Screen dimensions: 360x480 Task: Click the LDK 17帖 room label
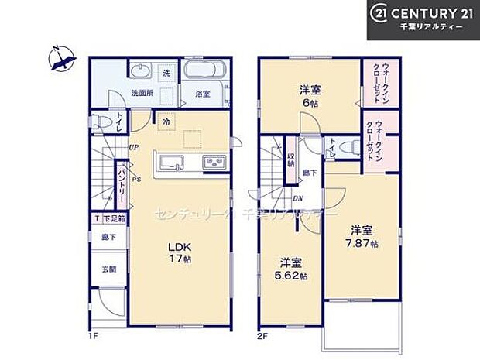[179, 252]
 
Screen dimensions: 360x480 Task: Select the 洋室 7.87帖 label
[362, 237]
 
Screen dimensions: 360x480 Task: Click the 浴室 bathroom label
[203, 94]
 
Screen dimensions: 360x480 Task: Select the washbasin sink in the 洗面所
[139, 74]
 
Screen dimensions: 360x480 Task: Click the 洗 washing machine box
[167, 73]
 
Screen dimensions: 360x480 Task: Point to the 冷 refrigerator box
[166, 121]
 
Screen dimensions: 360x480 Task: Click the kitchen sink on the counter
[170, 163]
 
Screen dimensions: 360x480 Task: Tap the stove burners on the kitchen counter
[214, 163]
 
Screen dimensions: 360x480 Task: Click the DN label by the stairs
[298, 197]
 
